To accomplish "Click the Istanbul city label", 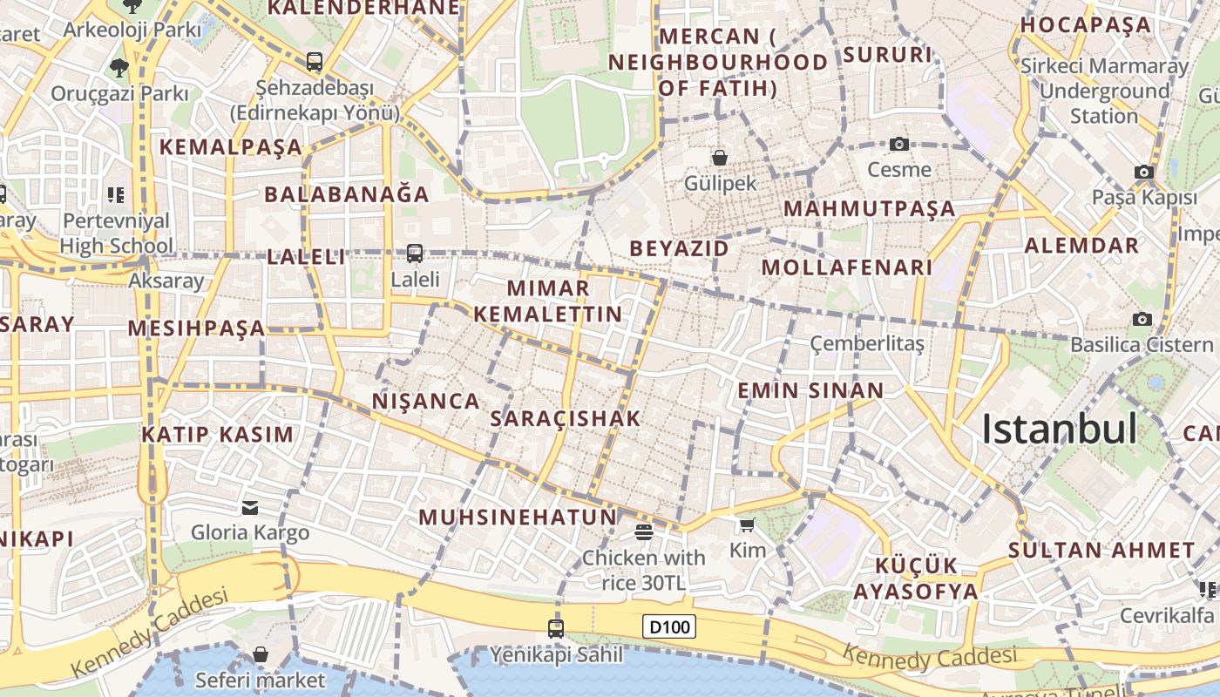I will (1059, 430).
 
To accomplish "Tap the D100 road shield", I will (669, 626).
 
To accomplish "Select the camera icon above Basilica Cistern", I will (1142, 319).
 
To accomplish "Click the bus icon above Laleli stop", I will (415, 254).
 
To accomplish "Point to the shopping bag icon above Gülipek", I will (720, 158).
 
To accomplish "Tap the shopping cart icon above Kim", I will (747, 524).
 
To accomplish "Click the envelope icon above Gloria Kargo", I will (250, 507).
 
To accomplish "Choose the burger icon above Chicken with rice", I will (644, 531).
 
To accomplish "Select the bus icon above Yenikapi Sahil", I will (556, 627).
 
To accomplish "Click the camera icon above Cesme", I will (899, 144).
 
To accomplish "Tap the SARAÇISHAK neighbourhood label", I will (566, 418).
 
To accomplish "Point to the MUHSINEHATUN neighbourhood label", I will (518, 517).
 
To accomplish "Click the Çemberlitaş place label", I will (866, 343).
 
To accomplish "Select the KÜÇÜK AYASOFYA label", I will (915, 578).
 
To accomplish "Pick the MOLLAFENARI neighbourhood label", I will (847, 267).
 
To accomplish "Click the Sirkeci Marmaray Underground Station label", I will (1104, 91).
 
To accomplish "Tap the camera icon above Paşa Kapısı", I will (1144, 173).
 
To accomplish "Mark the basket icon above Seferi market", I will (261, 654).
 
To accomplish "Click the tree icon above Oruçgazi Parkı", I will (119, 67).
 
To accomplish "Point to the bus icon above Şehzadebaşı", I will (315, 62).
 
